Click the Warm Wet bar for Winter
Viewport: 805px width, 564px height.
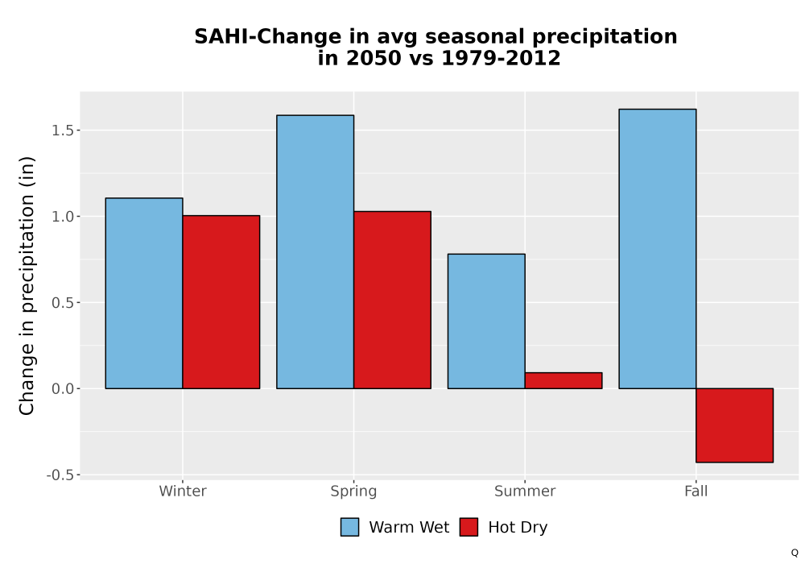(x=144, y=293)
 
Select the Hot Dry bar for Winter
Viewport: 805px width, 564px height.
(x=221, y=302)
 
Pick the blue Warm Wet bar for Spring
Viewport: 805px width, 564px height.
(x=316, y=251)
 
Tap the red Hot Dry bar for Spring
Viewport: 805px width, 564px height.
(x=392, y=300)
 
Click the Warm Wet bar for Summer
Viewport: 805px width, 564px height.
(x=486, y=321)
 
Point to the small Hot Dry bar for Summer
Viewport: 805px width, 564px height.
(x=563, y=380)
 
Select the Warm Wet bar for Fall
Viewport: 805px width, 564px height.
(x=658, y=249)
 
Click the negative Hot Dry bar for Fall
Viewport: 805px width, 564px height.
(x=735, y=425)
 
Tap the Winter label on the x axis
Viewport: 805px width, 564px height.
(x=183, y=491)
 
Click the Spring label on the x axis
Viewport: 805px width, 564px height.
(x=353, y=491)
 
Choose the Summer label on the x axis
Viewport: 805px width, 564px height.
(x=525, y=491)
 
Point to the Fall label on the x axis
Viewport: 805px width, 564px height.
(x=696, y=491)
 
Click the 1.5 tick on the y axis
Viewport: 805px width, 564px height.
(x=63, y=131)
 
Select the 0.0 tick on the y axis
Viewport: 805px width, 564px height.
(x=63, y=389)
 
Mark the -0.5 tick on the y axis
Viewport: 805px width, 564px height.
(x=60, y=475)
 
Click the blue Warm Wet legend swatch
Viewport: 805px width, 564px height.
(x=349, y=527)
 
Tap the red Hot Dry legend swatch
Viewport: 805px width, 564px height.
(x=469, y=527)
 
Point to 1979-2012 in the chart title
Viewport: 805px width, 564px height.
(x=501, y=58)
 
